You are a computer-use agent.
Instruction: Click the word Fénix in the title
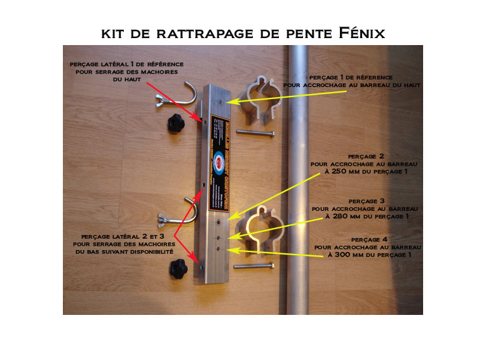point(360,32)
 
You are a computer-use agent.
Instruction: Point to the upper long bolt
point(255,133)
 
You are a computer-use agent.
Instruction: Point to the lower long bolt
point(254,266)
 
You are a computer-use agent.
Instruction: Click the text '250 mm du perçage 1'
point(367,171)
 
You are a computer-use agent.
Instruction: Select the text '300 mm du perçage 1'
point(369,255)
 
